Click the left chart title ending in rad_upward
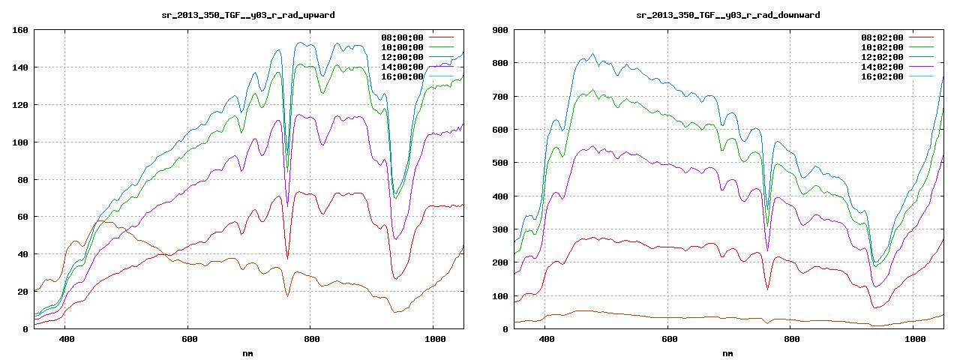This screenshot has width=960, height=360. tap(248, 15)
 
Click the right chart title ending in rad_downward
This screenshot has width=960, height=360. tap(727, 15)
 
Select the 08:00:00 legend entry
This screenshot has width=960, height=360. tap(402, 37)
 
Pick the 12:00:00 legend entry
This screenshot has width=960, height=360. tap(402, 56)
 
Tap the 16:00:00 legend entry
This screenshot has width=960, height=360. tap(402, 76)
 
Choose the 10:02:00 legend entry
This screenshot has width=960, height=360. tap(882, 46)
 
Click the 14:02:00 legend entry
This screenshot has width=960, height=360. tap(882, 66)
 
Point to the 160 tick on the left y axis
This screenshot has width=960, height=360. tap(20, 30)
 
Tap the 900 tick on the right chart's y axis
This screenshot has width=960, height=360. tap(499, 30)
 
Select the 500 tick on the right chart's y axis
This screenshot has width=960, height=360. tap(499, 163)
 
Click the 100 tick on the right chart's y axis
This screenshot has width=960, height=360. tap(499, 295)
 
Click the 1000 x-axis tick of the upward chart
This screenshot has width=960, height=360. tap(433, 339)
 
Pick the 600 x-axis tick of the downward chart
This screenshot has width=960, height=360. tap(667, 339)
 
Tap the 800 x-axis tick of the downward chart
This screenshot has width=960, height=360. tap(790, 339)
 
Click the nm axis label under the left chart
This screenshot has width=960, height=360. tap(248, 352)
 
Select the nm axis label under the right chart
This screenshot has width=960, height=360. tap(727, 352)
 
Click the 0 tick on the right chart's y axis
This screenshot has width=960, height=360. tap(505, 328)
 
